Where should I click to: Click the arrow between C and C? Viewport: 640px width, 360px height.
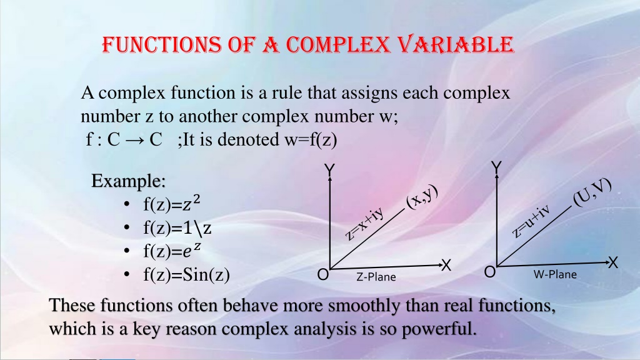(x=135, y=140)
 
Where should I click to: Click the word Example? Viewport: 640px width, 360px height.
(x=128, y=181)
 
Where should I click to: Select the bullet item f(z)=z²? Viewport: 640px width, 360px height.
(x=171, y=204)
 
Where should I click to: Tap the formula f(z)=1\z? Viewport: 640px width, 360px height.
(x=177, y=227)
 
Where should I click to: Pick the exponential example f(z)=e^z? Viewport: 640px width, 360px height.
(x=172, y=251)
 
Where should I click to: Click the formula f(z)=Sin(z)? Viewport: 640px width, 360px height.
(x=186, y=274)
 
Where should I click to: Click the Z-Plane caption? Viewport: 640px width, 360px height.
(x=376, y=277)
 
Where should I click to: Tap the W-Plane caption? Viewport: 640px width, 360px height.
(x=555, y=274)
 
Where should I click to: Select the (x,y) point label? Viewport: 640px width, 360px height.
(x=422, y=197)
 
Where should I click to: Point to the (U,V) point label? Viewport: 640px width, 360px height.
(x=592, y=192)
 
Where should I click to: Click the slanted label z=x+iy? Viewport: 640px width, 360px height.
(x=364, y=224)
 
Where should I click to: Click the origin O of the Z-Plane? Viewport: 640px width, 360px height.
(x=323, y=275)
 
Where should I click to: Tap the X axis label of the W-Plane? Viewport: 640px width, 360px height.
(x=613, y=263)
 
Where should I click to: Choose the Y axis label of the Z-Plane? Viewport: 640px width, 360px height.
(x=329, y=169)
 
